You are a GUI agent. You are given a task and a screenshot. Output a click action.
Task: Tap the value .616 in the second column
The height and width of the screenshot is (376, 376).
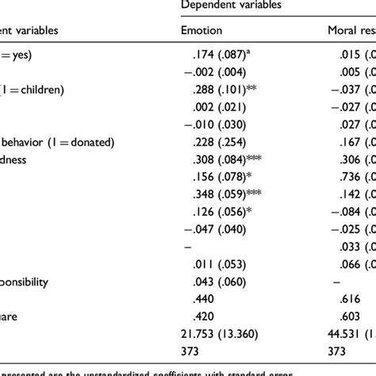tap(341, 298)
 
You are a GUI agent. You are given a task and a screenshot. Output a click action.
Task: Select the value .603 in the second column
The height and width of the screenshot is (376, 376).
tap(341, 316)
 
